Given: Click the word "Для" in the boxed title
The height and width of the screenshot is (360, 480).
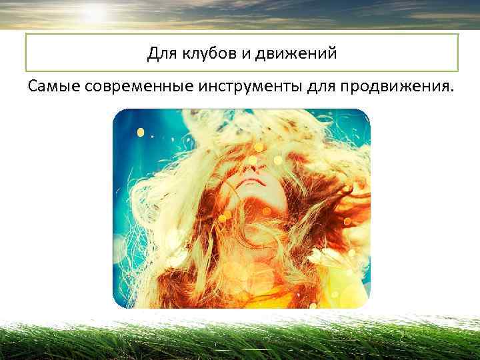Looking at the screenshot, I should [160, 53].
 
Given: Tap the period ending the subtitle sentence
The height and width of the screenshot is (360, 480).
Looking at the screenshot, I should [451, 91].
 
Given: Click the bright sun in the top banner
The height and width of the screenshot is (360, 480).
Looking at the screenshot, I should [93, 12].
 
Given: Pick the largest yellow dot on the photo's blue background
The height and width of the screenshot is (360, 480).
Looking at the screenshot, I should [141, 132].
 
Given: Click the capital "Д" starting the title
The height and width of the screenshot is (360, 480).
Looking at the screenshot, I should [151, 53].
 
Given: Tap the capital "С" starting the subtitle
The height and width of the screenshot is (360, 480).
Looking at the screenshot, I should [33, 86].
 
